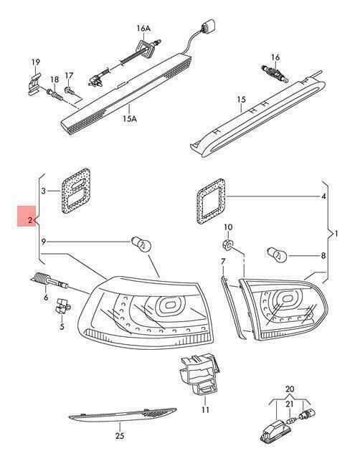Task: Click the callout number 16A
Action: (143, 28)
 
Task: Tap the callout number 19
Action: (36, 62)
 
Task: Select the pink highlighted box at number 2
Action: (27, 216)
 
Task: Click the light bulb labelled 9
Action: (141, 244)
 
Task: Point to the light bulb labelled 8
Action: (277, 255)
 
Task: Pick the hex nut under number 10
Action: (228, 244)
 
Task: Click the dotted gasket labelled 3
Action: (76, 191)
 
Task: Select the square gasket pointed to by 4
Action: (211, 201)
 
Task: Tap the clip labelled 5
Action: (62, 305)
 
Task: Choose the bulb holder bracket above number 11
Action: (199, 374)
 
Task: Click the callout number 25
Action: (120, 436)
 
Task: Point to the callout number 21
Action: (290, 404)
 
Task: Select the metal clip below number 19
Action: (34, 85)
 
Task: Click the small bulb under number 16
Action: (275, 74)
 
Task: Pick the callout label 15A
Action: (130, 119)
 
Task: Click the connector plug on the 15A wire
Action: (209, 26)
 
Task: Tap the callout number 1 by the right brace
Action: (336, 234)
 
